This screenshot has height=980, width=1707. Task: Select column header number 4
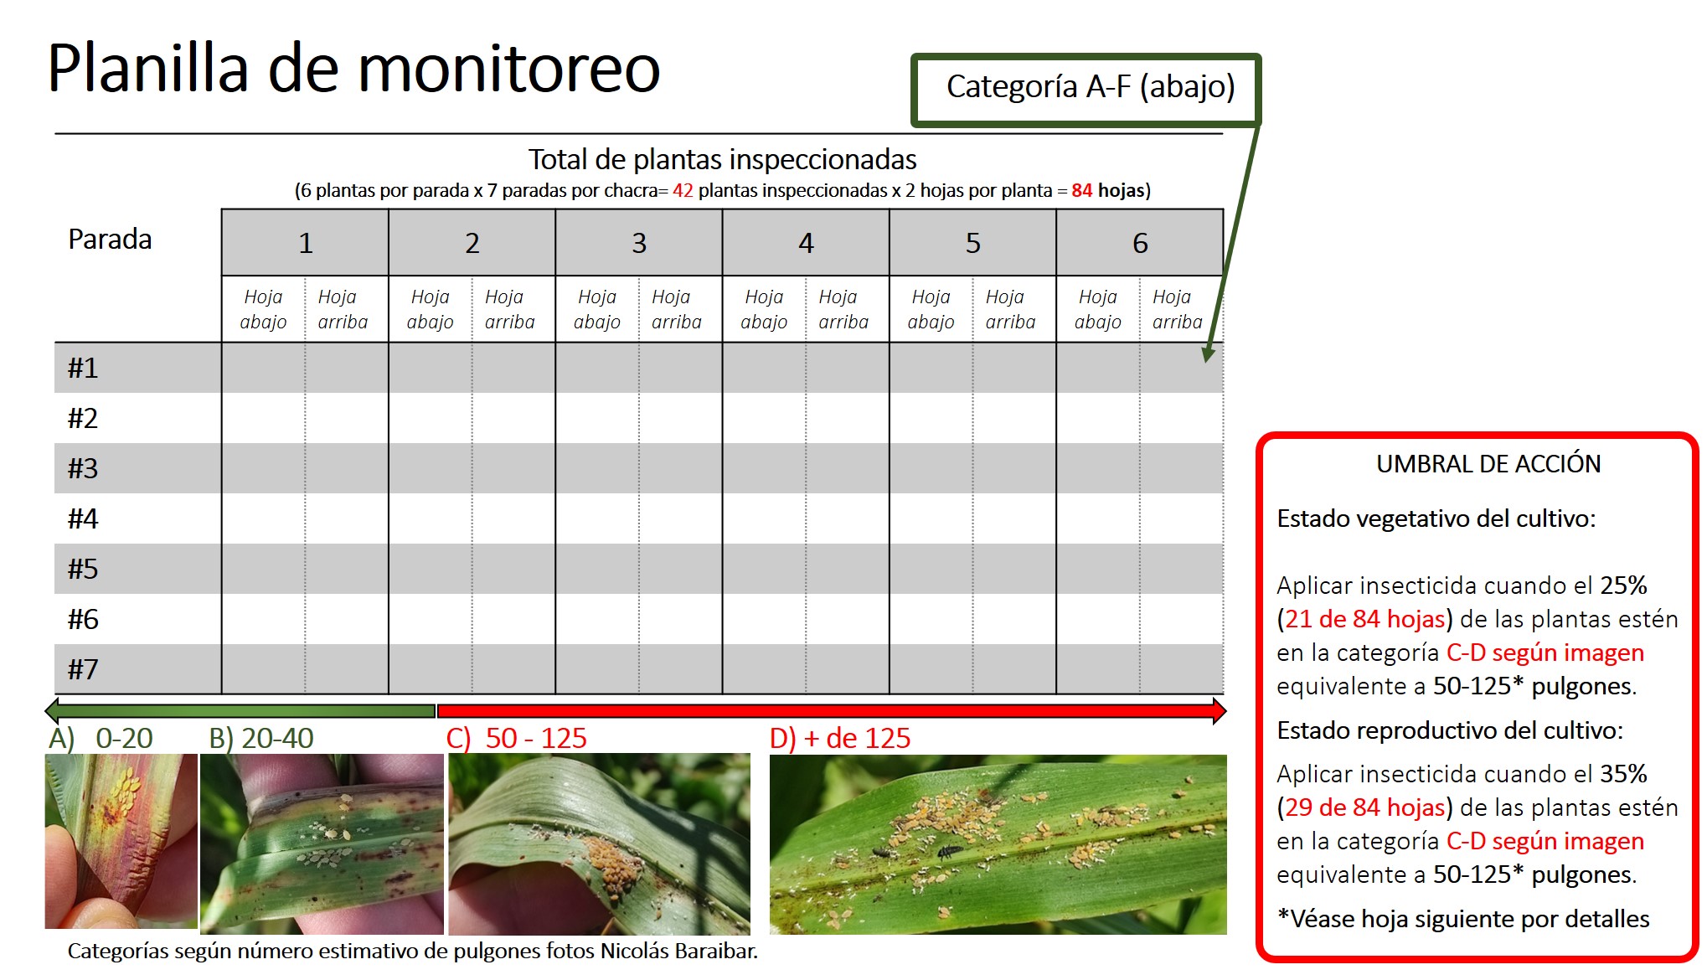pyautogui.click(x=806, y=243)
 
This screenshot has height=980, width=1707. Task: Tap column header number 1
pyautogui.click(x=306, y=243)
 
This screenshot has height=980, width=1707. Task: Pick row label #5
pyautogui.click(x=83, y=569)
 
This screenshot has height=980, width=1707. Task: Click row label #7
pyautogui.click(x=83, y=669)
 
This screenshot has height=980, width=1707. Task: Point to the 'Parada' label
pyautogui.click(x=110, y=240)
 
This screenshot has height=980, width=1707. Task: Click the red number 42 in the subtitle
pyautogui.click(x=683, y=190)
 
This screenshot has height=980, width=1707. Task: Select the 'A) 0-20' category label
pyautogui.click(x=101, y=738)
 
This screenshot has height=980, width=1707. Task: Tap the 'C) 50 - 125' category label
pyautogui.click(x=516, y=738)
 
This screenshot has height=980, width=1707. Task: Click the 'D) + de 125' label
pyautogui.click(x=839, y=738)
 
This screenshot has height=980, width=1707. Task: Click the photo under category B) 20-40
pyautogui.click(x=322, y=843)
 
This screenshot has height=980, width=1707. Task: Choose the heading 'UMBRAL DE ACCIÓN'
pyautogui.click(x=1488, y=464)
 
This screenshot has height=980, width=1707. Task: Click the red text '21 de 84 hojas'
pyautogui.click(x=1365, y=619)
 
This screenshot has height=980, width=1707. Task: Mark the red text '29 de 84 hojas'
pyautogui.click(x=1365, y=807)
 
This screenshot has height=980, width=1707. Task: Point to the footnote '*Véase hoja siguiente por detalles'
pyautogui.click(x=1463, y=919)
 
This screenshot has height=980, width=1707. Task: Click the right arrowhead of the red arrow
pyautogui.click(x=1220, y=711)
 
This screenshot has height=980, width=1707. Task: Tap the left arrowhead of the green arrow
pyautogui.click(x=52, y=711)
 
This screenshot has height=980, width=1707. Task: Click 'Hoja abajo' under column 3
pyautogui.click(x=597, y=309)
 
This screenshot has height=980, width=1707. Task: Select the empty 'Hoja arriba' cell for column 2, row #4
pyautogui.click(x=513, y=518)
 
